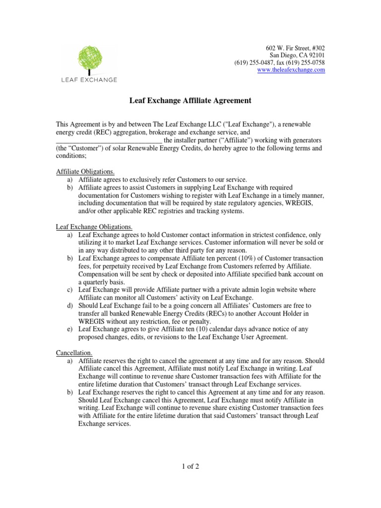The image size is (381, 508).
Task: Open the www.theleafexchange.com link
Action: [x=291, y=70]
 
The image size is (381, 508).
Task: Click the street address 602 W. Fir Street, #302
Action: [x=296, y=48]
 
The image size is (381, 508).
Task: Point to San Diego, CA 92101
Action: [x=297, y=55]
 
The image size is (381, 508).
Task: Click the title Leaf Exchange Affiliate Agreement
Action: [x=190, y=101]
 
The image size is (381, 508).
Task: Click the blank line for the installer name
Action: [x=109, y=140]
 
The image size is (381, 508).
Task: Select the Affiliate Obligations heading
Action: [x=85, y=172]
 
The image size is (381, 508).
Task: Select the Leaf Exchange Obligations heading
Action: [x=94, y=227]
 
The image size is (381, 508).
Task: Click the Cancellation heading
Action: [x=74, y=352]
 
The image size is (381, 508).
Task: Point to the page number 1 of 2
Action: [x=190, y=466]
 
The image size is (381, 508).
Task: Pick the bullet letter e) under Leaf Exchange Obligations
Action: [x=70, y=329]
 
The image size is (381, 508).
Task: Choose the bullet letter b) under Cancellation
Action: [x=70, y=392]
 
